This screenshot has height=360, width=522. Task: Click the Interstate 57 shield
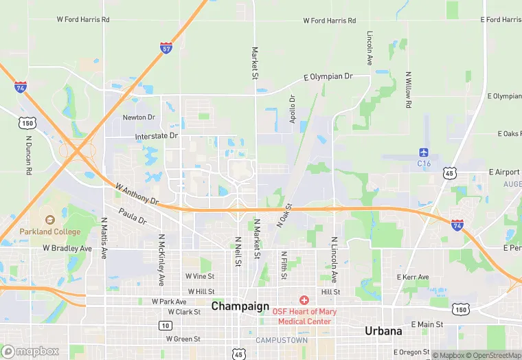[166, 47]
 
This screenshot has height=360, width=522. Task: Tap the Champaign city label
[236, 306]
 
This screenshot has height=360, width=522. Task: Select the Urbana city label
[383, 330]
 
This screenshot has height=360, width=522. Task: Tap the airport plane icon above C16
[424, 153]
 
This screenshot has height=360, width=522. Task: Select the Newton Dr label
[139, 117]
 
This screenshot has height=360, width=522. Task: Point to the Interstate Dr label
[156, 136]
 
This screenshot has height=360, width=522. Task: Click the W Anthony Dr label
[137, 194]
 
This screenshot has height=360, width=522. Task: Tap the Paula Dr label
[133, 216]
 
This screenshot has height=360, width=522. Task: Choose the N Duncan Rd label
[29, 155]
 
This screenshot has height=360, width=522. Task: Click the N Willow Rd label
[408, 90]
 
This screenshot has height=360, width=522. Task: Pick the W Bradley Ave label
[67, 248]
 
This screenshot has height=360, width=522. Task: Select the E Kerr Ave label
[412, 277]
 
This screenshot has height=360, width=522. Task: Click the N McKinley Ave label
[162, 260]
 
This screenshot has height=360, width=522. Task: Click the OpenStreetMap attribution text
[495, 355]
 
